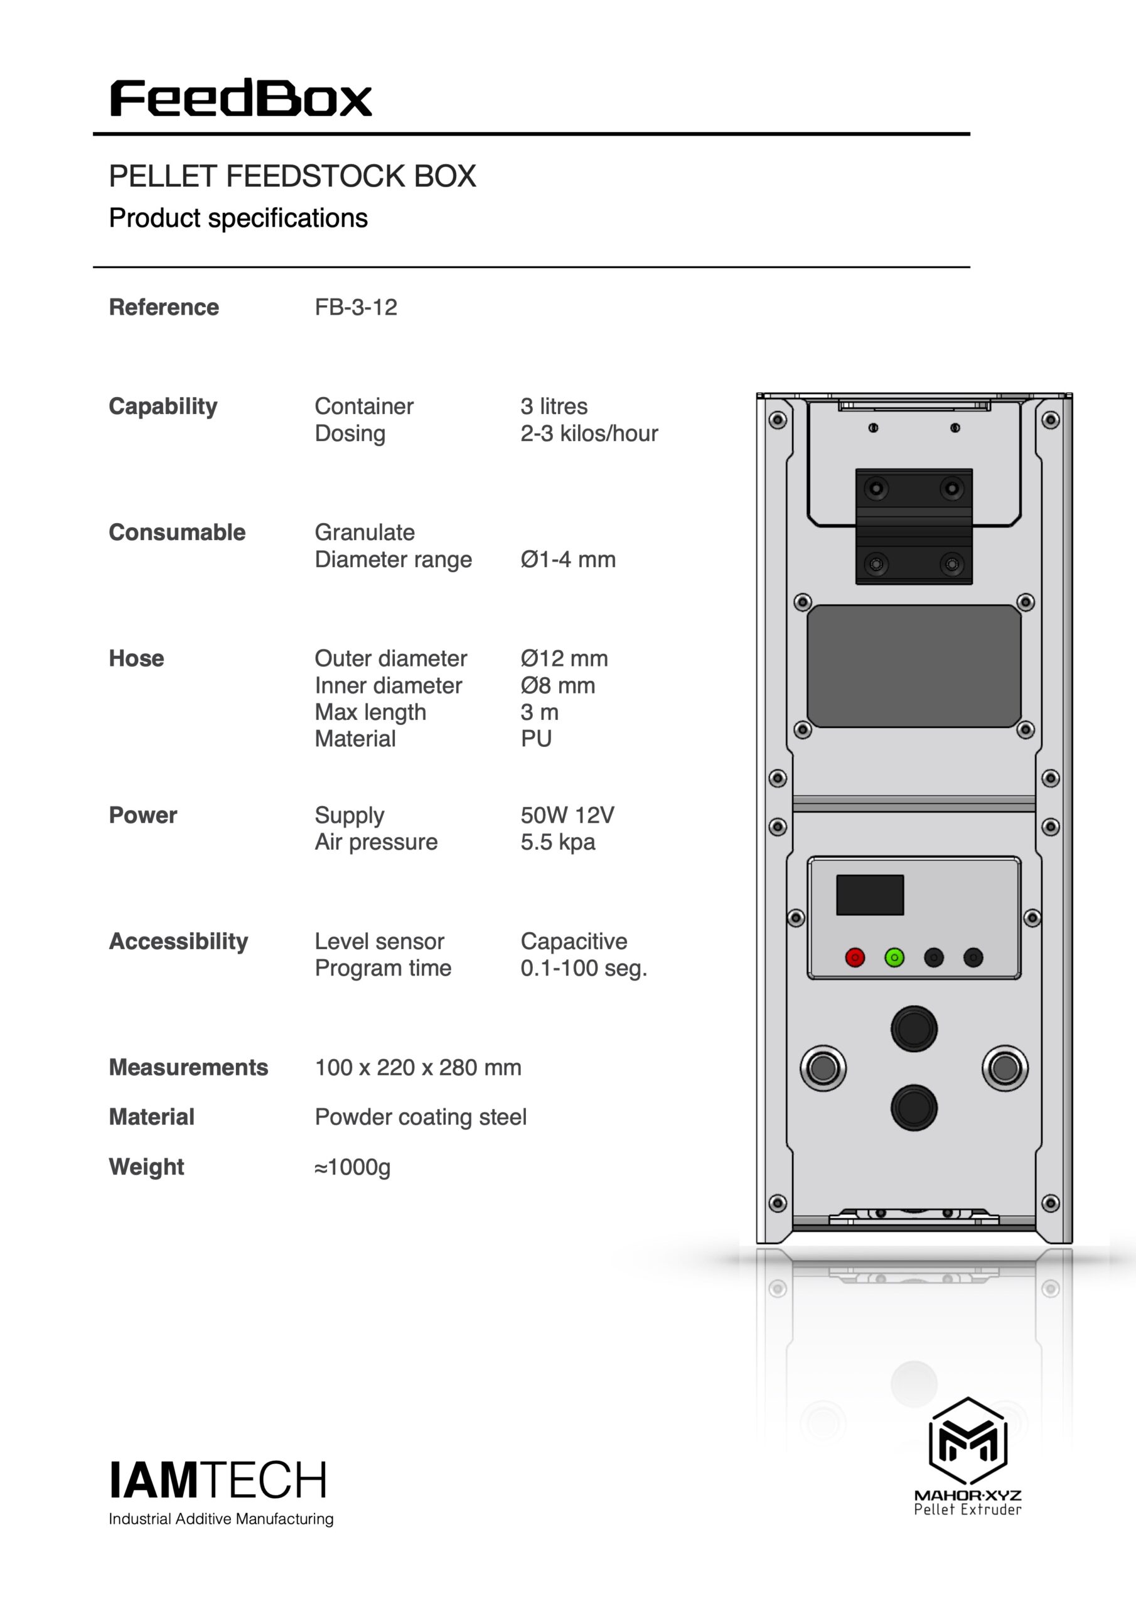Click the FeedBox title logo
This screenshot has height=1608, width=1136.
(241, 98)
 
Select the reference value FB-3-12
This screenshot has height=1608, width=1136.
(356, 307)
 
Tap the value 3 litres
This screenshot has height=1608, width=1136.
(554, 406)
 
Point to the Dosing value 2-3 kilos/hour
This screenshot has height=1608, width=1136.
(589, 433)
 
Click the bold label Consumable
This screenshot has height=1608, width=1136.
(177, 532)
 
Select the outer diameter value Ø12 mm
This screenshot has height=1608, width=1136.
(564, 658)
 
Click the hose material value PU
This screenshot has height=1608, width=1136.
(536, 739)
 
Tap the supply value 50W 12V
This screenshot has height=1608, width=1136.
(567, 815)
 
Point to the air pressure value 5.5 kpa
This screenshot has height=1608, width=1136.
(558, 842)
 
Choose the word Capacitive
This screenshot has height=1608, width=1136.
(574, 942)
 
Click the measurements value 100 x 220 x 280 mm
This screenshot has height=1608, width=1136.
(418, 1067)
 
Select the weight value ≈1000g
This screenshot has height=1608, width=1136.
(353, 1167)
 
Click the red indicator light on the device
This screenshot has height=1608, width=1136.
(855, 957)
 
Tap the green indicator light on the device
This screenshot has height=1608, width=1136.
(894, 957)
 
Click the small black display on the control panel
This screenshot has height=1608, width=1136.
(870, 894)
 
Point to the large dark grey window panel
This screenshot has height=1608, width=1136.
(914, 666)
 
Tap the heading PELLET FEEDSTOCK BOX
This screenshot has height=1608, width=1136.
(292, 176)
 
